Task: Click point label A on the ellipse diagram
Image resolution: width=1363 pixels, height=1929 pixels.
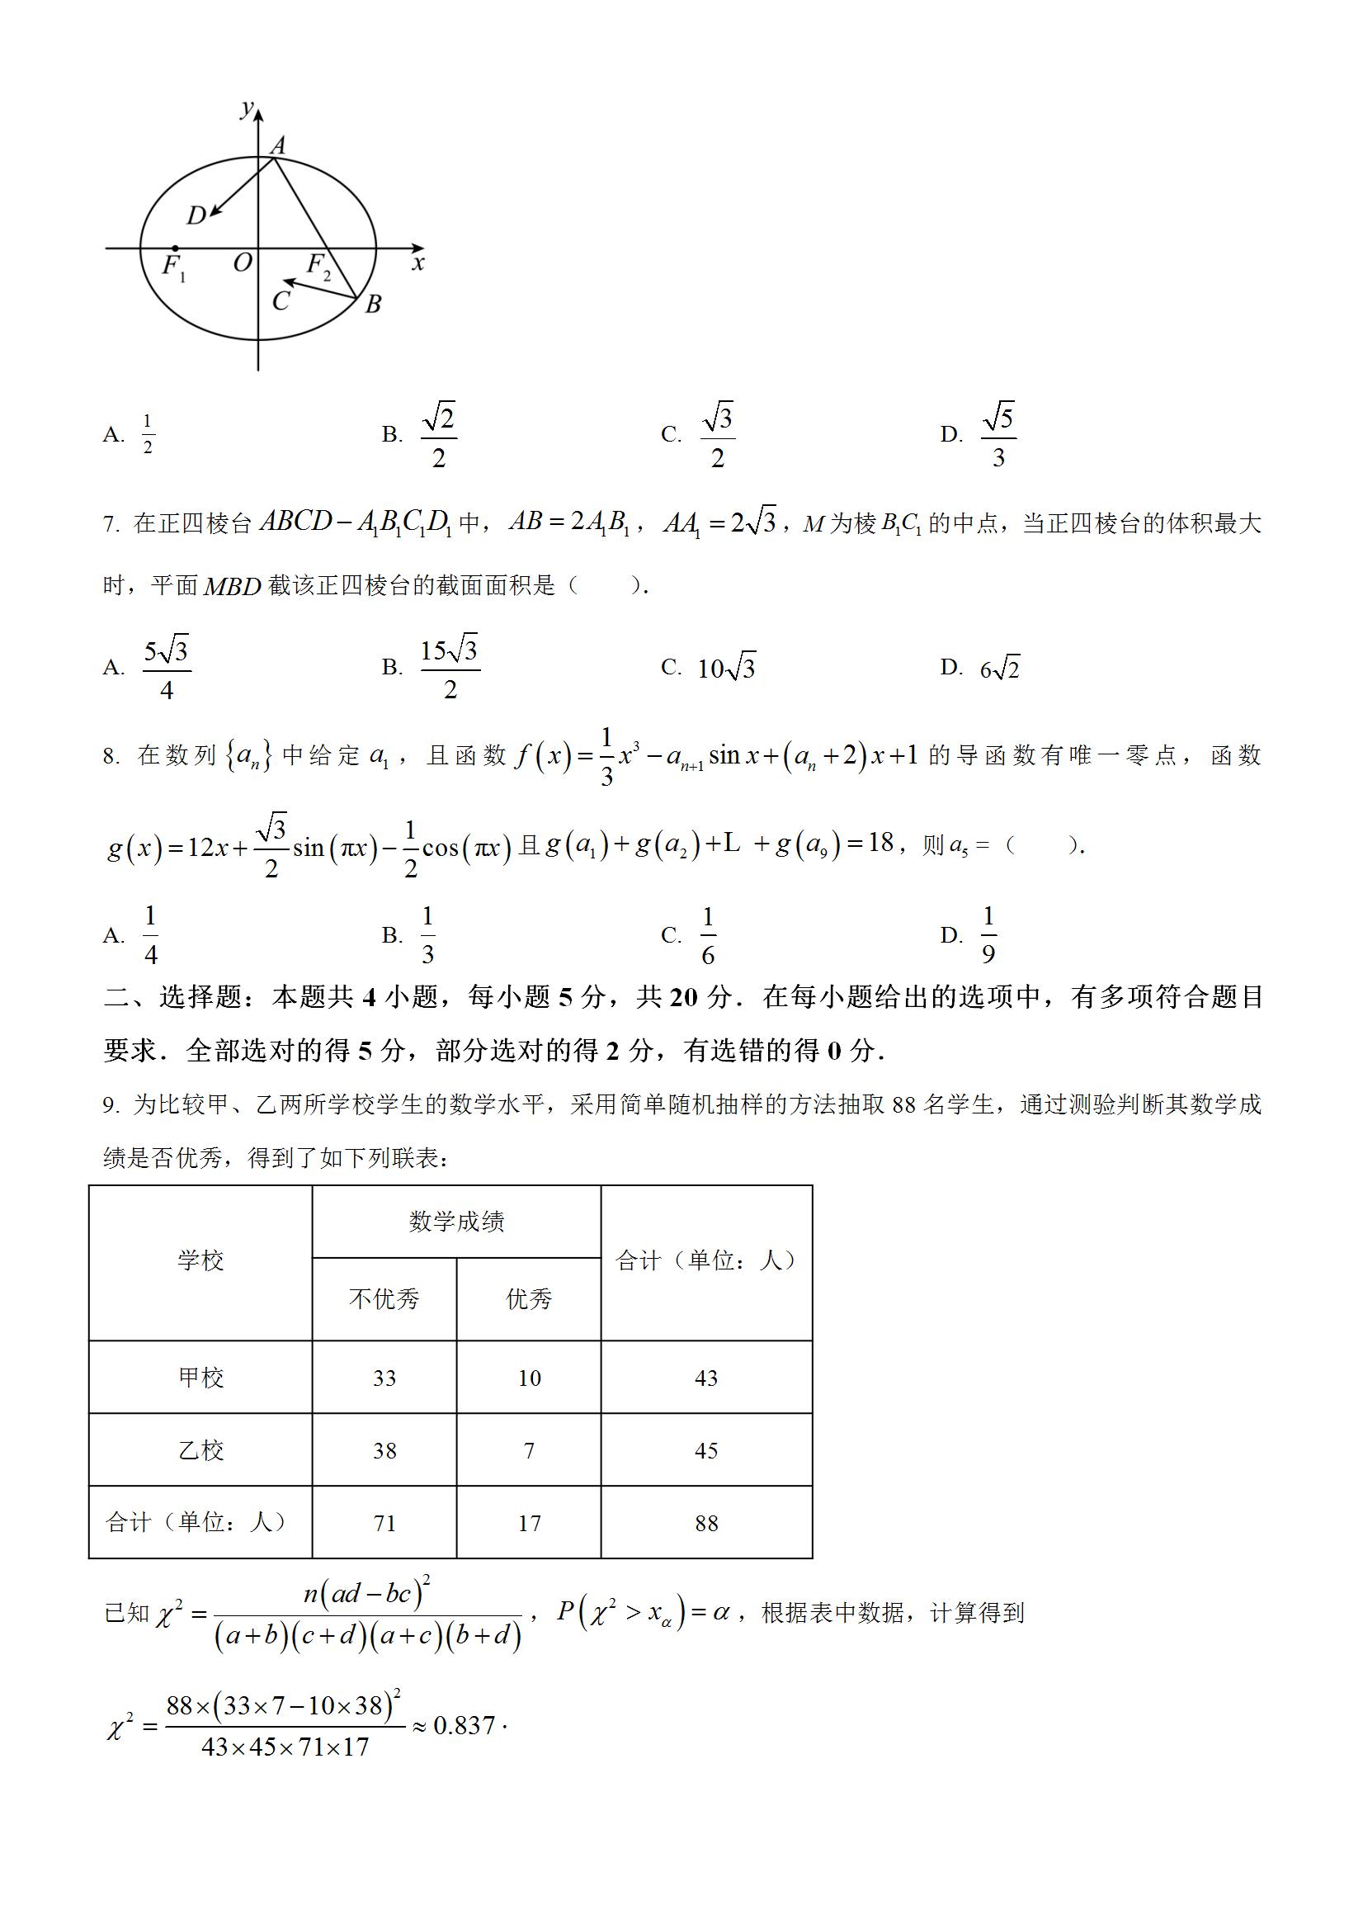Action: click(278, 145)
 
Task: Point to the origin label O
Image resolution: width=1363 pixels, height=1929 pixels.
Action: click(242, 264)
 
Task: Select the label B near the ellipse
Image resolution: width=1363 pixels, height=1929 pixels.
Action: click(374, 304)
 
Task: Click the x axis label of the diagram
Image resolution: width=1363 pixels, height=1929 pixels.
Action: click(418, 264)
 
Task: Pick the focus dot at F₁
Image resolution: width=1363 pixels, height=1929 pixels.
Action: click(174, 248)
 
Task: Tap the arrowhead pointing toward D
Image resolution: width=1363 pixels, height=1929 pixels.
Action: click(215, 211)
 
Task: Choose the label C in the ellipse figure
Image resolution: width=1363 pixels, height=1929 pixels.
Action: click(281, 300)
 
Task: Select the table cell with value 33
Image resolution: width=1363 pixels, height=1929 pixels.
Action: click(384, 1378)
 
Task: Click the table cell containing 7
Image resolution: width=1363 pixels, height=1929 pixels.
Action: click(529, 1450)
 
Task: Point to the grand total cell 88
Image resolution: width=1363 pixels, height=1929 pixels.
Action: click(706, 1523)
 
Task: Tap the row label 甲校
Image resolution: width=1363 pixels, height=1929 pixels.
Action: click(200, 1378)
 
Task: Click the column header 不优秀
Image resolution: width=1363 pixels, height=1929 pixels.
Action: click(384, 1299)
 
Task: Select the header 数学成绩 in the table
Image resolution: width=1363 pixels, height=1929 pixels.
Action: click(456, 1222)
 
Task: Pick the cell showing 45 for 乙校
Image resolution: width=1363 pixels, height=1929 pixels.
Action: click(706, 1450)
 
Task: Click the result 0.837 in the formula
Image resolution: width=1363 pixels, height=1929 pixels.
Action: click(464, 1726)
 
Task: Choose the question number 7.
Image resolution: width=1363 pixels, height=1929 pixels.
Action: click(111, 525)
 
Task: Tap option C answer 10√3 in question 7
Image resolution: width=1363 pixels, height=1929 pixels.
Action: click(726, 668)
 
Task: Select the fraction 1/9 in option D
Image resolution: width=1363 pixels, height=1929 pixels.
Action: click(988, 934)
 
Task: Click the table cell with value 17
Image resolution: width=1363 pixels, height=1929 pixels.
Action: click(529, 1523)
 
